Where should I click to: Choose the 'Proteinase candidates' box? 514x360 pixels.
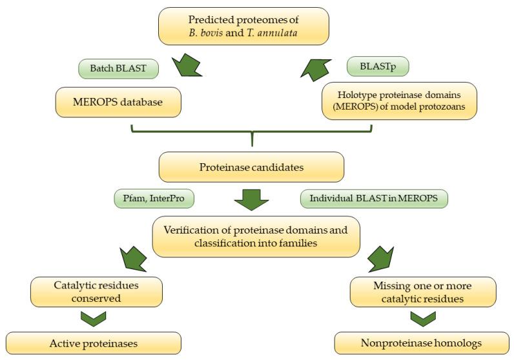[251, 167]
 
